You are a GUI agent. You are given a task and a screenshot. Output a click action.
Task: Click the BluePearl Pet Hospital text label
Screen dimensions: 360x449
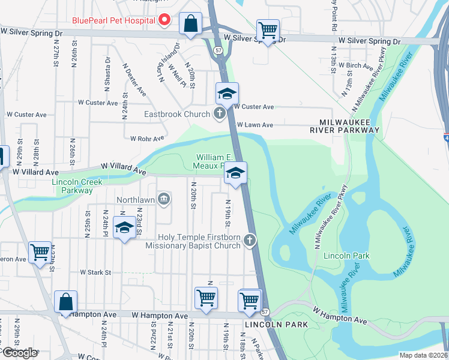(x=113, y=20)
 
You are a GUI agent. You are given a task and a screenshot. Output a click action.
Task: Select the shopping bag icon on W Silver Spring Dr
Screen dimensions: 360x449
(x=190, y=25)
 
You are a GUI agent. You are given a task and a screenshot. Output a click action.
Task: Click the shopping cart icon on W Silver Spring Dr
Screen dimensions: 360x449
(x=268, y=29)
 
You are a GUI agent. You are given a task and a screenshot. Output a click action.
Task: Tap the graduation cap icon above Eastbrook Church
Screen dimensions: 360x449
(x=227, y=94)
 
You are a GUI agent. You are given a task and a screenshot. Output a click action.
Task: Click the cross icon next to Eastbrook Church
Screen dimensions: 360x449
(x=220, y=113)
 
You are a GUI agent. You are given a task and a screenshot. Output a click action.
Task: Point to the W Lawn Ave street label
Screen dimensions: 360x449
(x=255, y=125)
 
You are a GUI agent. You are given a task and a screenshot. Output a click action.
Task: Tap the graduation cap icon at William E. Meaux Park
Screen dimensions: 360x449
(x=235, y=173)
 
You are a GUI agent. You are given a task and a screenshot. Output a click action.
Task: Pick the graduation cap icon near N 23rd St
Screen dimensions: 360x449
(x=124, y=228)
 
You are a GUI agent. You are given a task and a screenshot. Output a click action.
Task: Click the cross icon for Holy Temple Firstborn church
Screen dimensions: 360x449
(x=250, y=241)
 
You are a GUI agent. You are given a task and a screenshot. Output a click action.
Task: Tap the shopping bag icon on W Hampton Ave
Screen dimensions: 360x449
(x=66, y=302)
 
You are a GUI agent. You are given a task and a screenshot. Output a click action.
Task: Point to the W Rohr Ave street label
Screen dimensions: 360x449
(x=147, y=138)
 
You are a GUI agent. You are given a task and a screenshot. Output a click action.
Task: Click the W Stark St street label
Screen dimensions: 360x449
(x=95, y=272)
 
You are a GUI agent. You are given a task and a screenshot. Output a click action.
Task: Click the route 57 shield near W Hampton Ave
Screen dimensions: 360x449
(x=265, y=312)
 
